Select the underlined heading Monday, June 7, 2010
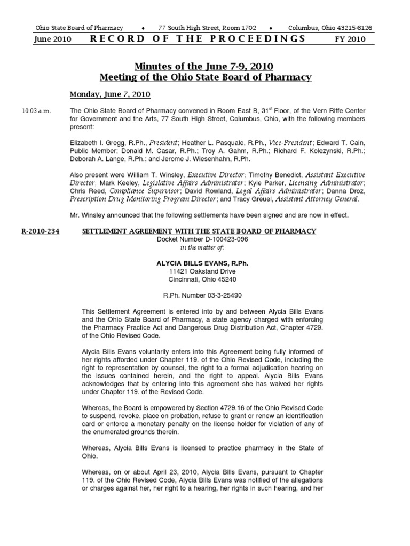coord(110,94)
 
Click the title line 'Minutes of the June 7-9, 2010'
coord(204,67)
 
